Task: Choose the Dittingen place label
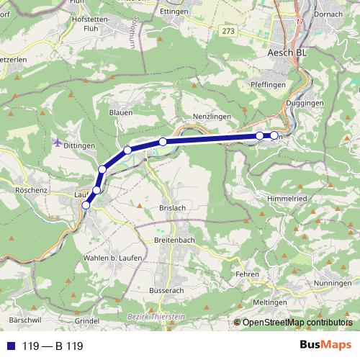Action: (80, 145)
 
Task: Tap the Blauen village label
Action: (121, 112)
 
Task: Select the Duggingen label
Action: (305, 104)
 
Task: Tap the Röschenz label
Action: (30, 191)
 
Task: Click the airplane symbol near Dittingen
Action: (57, 143)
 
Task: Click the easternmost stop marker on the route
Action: (274, 135)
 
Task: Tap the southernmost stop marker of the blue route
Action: (86, 205)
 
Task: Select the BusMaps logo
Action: (325, 346)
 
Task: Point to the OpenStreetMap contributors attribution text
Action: (297, 323)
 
